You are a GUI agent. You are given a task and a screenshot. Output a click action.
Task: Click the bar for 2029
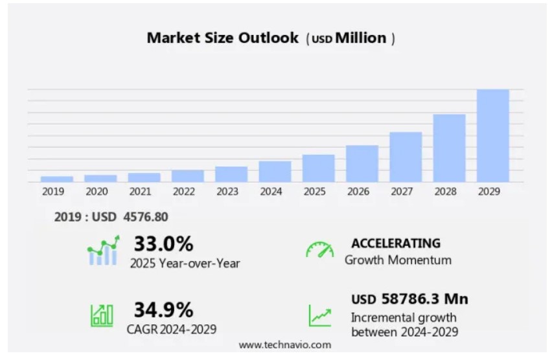[492, 135]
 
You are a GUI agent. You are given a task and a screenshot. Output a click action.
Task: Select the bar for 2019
[56, 179]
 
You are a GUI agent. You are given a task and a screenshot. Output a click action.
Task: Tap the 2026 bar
[362, 163]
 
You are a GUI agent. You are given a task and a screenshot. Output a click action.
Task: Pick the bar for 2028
[449, 148]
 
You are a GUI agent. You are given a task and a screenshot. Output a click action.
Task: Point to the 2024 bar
[275, 172]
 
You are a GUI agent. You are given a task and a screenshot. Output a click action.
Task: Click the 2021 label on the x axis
[140, 192]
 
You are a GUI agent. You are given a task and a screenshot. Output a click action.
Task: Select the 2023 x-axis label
[227, 192]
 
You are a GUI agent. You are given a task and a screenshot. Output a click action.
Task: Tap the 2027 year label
[402, 192]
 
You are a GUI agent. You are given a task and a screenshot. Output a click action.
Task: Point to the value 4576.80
[146, 217]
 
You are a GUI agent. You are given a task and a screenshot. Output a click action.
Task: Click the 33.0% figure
[163, 244]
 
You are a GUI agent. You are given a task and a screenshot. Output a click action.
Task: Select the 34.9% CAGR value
[163, 309]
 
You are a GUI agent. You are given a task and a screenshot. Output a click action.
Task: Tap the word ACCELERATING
[395, 243]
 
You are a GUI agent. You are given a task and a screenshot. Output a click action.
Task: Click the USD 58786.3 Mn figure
[409, 299]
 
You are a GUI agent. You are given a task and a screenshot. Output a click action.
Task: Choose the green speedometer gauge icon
[319, 250]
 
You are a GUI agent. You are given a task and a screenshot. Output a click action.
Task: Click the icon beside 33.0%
[103, 251]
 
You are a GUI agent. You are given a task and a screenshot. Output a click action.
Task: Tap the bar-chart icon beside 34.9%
[102, 315]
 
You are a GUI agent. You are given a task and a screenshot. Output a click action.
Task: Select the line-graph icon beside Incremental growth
[319, 315]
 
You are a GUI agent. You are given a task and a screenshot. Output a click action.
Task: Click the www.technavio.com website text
[284, 345]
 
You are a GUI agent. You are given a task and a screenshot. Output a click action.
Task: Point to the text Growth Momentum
[398, 260]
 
